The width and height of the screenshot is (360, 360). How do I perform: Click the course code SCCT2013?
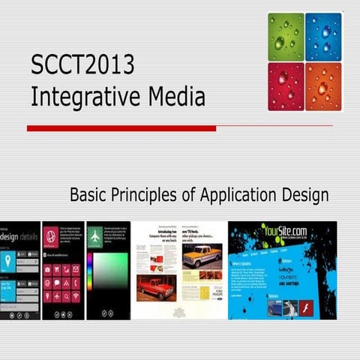[x=82, y=66]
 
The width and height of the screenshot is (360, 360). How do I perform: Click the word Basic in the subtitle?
[x=90, y=196]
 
